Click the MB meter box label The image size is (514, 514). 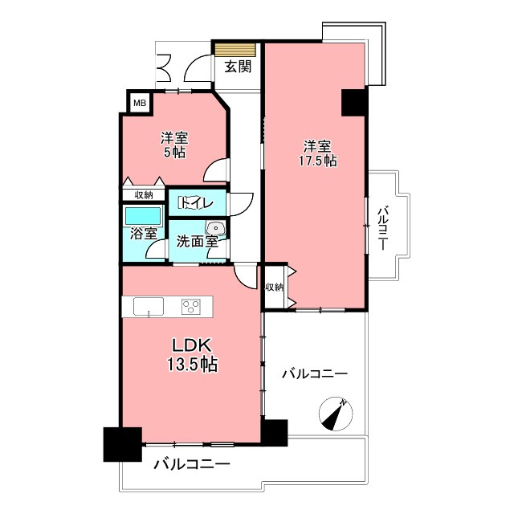139,103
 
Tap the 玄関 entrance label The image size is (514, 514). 238,67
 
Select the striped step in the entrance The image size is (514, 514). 235,50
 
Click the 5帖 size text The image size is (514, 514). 174,153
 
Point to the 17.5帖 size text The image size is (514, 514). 317,161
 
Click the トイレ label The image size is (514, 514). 196,203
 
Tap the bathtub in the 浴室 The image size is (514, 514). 143,216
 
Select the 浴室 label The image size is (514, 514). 143,234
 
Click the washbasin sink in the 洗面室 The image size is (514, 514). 215,227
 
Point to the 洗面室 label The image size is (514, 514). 198,242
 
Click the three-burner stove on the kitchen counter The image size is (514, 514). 191,307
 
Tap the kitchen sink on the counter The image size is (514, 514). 149,307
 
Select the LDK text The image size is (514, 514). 191,345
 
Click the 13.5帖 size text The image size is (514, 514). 193,364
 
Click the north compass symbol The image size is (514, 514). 336,414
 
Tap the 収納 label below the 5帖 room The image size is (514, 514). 144,195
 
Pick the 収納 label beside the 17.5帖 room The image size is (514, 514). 274,288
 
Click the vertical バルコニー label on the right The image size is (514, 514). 382,228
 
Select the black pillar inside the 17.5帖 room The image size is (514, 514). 353,102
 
